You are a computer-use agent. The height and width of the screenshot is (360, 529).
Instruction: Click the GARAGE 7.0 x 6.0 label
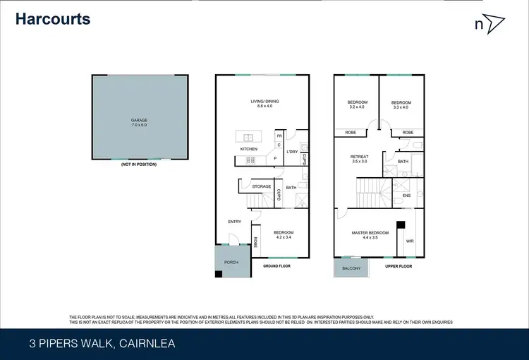139,122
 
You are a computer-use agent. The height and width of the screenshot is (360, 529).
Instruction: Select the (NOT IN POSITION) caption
139,164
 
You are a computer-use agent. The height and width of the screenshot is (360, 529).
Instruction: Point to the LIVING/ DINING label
265,104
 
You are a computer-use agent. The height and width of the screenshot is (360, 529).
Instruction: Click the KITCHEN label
248,149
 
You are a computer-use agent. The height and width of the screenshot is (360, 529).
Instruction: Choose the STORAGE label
262,186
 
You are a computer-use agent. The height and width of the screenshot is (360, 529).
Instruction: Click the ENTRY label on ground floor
235,222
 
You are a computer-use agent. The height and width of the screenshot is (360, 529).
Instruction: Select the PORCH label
231,262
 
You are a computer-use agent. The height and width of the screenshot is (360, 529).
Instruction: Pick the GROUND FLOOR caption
277,267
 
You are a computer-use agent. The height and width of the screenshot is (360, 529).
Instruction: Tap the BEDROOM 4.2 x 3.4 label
283,234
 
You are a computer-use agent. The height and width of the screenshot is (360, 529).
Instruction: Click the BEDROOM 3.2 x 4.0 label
356,104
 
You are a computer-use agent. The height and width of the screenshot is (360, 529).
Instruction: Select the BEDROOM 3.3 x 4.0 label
401,104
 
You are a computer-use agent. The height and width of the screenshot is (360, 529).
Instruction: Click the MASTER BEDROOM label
370,235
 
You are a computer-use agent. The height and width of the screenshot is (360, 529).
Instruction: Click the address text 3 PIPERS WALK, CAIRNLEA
102,344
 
